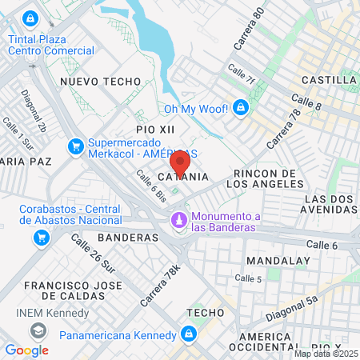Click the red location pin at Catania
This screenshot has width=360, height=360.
pos(180,163)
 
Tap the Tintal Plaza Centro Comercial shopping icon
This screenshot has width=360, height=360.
pos(30,17)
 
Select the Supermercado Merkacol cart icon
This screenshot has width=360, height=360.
pos(76,146)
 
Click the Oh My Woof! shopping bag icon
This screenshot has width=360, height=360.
pos(241,108)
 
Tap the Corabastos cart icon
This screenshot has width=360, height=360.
pos(40,238)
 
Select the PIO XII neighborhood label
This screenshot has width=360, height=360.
pos(155,129)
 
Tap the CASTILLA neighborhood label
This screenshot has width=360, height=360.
pos(329,80)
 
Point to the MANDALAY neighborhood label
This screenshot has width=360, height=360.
pos(277,261)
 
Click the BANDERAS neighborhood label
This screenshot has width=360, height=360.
pos(128,238)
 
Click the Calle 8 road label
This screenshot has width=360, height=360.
pos(306,102)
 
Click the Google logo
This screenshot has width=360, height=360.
pos(26,350)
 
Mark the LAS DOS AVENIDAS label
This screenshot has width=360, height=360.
pos(330,204)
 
